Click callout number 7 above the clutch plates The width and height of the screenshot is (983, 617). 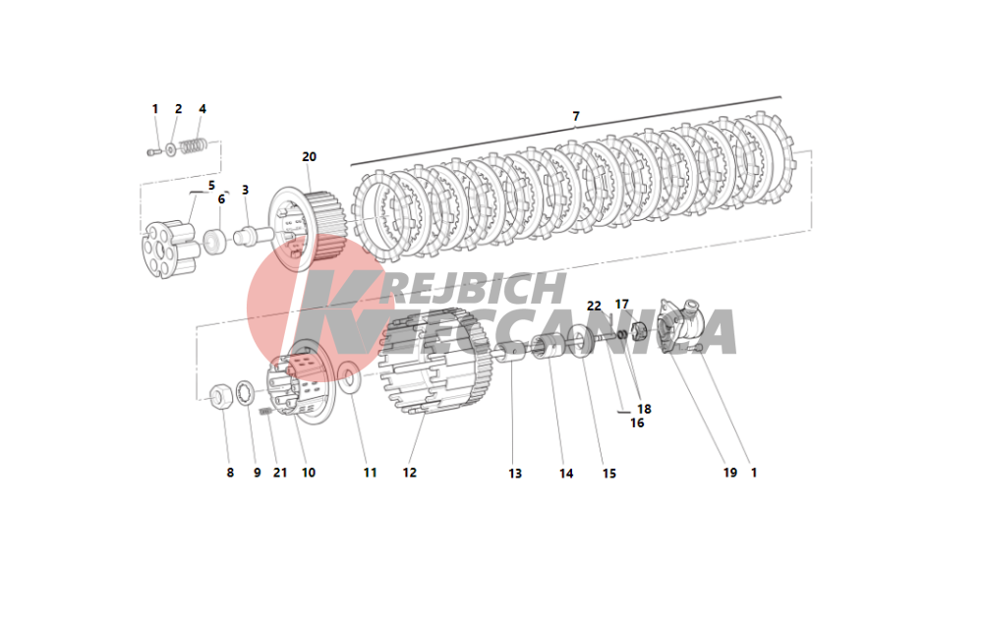click(x=575, y=116)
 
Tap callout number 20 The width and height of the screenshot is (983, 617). click(x=309, y=156)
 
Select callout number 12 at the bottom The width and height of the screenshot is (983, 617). click(x=409, y=473)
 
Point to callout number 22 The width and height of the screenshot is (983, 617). click(x=594, y=306)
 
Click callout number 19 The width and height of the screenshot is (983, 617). click(x=729, y=473)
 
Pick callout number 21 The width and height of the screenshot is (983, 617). click(x=279, y=473)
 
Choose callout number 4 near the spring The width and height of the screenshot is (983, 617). click(x=202, y=109)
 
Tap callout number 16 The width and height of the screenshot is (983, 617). click(x=637, y=422)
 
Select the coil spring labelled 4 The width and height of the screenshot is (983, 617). click(x=193, y=146)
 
